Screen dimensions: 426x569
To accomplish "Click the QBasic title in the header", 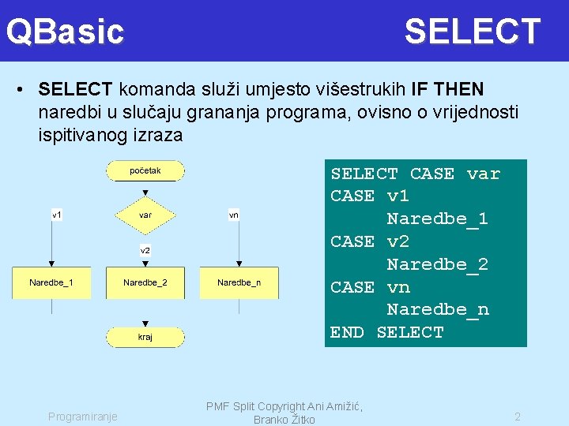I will (x=66, y=32).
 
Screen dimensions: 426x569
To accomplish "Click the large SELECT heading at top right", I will (x=472, y=32).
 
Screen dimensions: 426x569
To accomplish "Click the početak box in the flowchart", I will (x=145, y=170).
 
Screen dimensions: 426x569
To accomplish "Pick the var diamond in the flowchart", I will (x=145, y=215).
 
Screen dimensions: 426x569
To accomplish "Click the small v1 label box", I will (x=58, y=215).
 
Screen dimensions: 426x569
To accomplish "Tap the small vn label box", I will (x=234, y=215).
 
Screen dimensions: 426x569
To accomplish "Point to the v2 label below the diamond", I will (x=145, y=250).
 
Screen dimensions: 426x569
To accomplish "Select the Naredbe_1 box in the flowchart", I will (x=51, y=282).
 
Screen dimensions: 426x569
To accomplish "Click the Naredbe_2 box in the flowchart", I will (x=145, y=282).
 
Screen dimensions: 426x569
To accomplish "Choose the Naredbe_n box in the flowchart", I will (x=239, y=282).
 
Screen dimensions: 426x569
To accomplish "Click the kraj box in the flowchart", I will (x=145, y=337).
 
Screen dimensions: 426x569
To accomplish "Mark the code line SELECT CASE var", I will (x=415, y=174).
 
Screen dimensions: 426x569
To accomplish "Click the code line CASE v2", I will (x=369, y=241).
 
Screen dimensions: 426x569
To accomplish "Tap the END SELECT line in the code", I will (x=387, y=332).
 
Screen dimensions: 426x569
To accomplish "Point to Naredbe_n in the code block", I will (x=437, y=310).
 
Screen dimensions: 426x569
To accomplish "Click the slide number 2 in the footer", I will (x=518, y=417).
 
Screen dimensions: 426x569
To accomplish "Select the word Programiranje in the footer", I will (x=83, y=417).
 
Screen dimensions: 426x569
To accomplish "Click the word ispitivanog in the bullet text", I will (x=78, y=135).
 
